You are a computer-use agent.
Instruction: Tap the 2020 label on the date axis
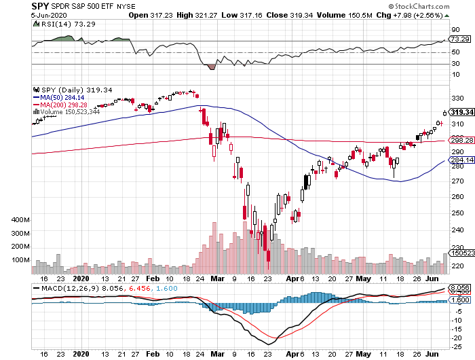[80, 278]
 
